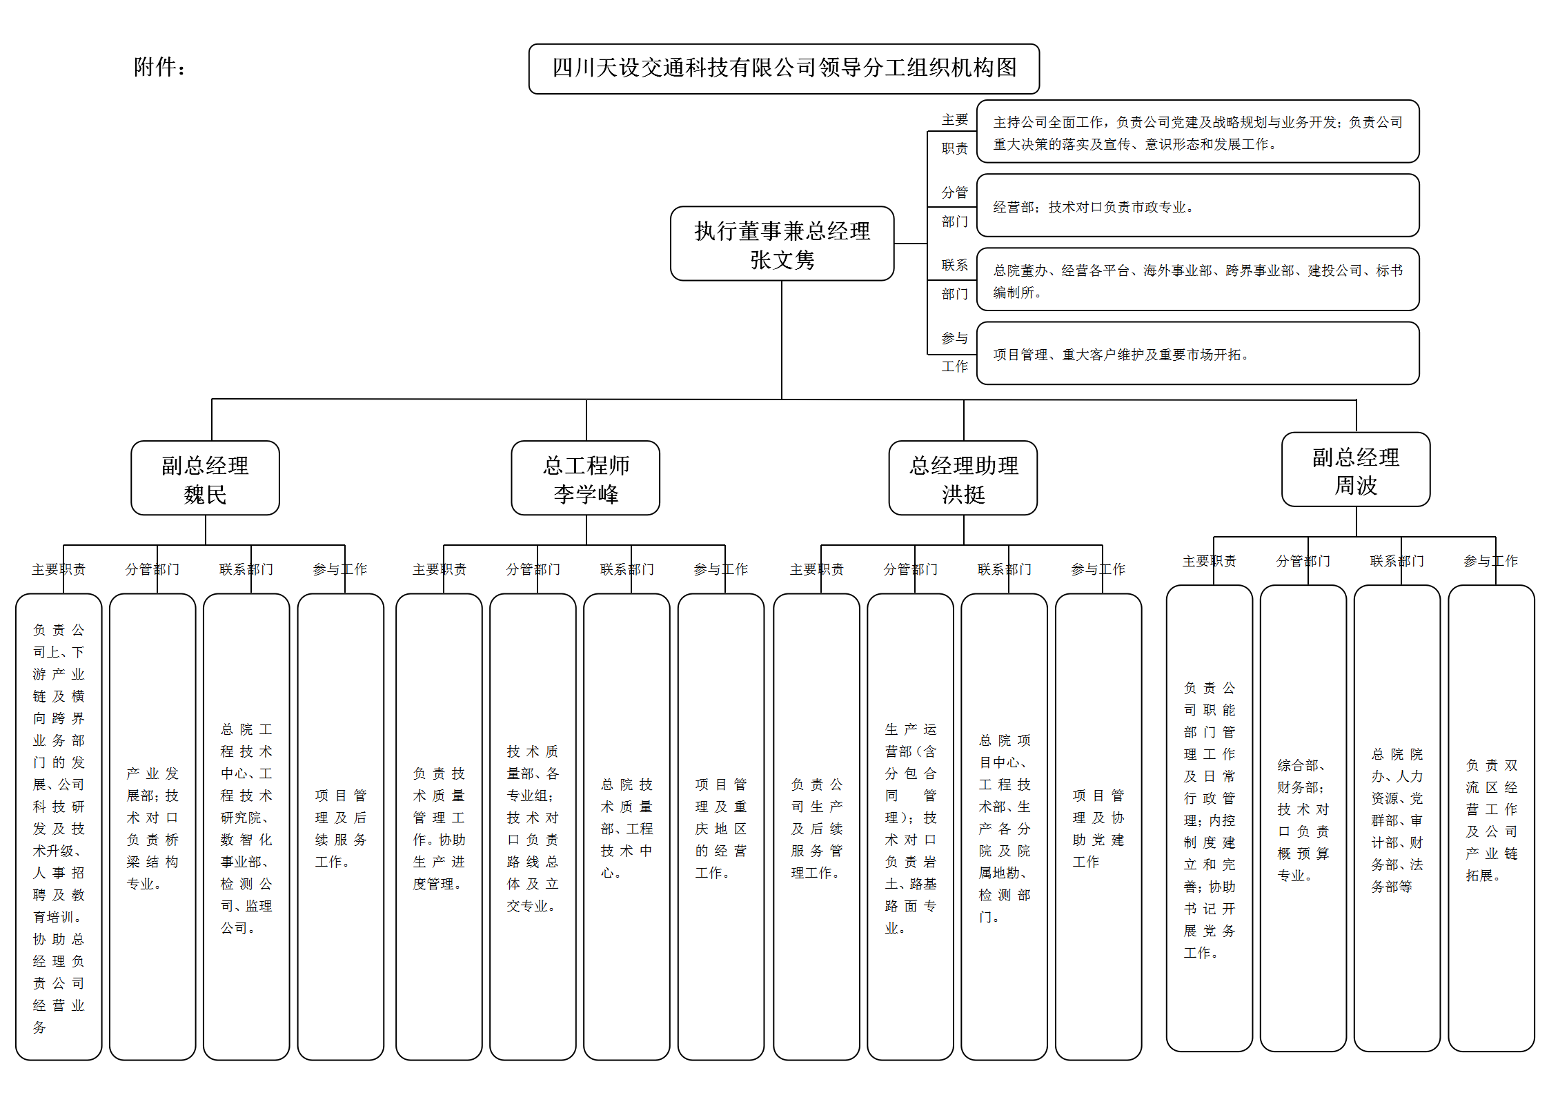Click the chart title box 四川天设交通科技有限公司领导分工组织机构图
click(784, 68)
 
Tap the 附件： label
click(159, 68)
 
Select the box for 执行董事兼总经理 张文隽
click(782, 244)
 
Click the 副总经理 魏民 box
click(205, 478)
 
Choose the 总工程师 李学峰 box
click(585, 478)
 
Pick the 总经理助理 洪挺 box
click(963, 478)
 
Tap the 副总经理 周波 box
click(1355, 470)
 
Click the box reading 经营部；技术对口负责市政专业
click(1197, 206)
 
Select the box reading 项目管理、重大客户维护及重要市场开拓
click(1197, 353)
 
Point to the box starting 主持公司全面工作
click(1197, 132)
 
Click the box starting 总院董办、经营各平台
click(1197, 279)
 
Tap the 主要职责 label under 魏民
click(59, 569)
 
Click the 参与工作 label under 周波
click(1490, 561)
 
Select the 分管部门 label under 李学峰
click(533, 569)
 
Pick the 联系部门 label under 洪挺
click(1004, 569)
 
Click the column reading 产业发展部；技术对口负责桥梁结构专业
click(152, 827)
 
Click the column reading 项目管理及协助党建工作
click(1098, 827)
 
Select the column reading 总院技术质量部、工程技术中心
click(626, 827)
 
